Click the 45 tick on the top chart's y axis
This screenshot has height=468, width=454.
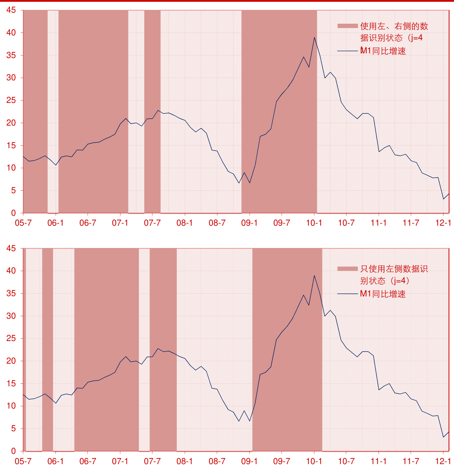pyautogui.click(x=11, y=10)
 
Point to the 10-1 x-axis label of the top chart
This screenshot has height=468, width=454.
pyautogui.click(x=314, y=223)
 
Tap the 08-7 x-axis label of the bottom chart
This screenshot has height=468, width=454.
pyautogui.click(x=217, y=461)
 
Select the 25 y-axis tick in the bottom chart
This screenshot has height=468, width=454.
pyautogui.click(x=11, y=339)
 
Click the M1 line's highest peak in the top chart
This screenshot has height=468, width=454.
pyautogui.click(x=314, y=37)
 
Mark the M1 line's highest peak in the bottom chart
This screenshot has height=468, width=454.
pyautogui.click(x=314, y=276)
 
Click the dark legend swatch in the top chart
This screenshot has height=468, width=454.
pyautogui.click(x=348, y=26)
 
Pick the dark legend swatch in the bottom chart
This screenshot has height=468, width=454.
pyautogui.click(x=348, y=269)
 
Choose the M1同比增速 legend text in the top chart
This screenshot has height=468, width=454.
pyautogui.click(x=383, y=51)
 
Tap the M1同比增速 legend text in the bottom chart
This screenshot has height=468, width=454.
pyautogui.click(x=383, y=294)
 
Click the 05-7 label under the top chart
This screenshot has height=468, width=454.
pyautogui.click(x=23, y=223)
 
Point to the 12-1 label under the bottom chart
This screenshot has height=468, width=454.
pyautogui.click(x=443, y=461)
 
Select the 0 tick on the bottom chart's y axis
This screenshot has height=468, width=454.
pyautogui.click(x=13, y=451)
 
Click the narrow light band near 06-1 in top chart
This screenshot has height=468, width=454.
pyautogui.click(x=53, y=106)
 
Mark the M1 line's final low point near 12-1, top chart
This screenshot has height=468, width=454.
pyautogui.click(x=443, y=199)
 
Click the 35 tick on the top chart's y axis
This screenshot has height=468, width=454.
pyautogui.click(x=11, y=55)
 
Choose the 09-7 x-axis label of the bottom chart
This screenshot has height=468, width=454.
pyautogui.click(x=281, y=461)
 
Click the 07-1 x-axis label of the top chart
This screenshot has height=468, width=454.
pyautogui.click(x=120, y=223)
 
